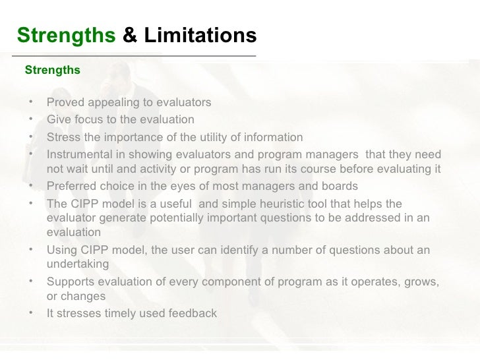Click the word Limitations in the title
[x=200, y=36]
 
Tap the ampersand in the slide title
[x=131, y=36]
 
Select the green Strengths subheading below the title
[x=52, y=69]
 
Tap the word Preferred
[x=71, y=186]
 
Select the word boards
[x=340, y=186]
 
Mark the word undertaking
[x=78, y=264]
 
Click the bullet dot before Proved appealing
[x=31, y=102]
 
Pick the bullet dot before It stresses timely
[x=31, y=313]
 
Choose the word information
[x=273, y=137]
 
